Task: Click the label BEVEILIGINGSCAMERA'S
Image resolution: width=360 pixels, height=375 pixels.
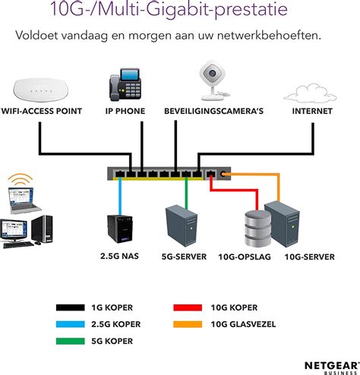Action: click(213, 111)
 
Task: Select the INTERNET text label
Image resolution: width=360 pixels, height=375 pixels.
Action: click(312, 111)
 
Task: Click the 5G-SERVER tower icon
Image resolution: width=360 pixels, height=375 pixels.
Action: click(178, 225)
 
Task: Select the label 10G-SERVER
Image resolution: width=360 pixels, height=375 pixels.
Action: click(309, 257)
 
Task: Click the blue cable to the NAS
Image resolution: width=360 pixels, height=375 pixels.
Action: click(121, 197)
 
